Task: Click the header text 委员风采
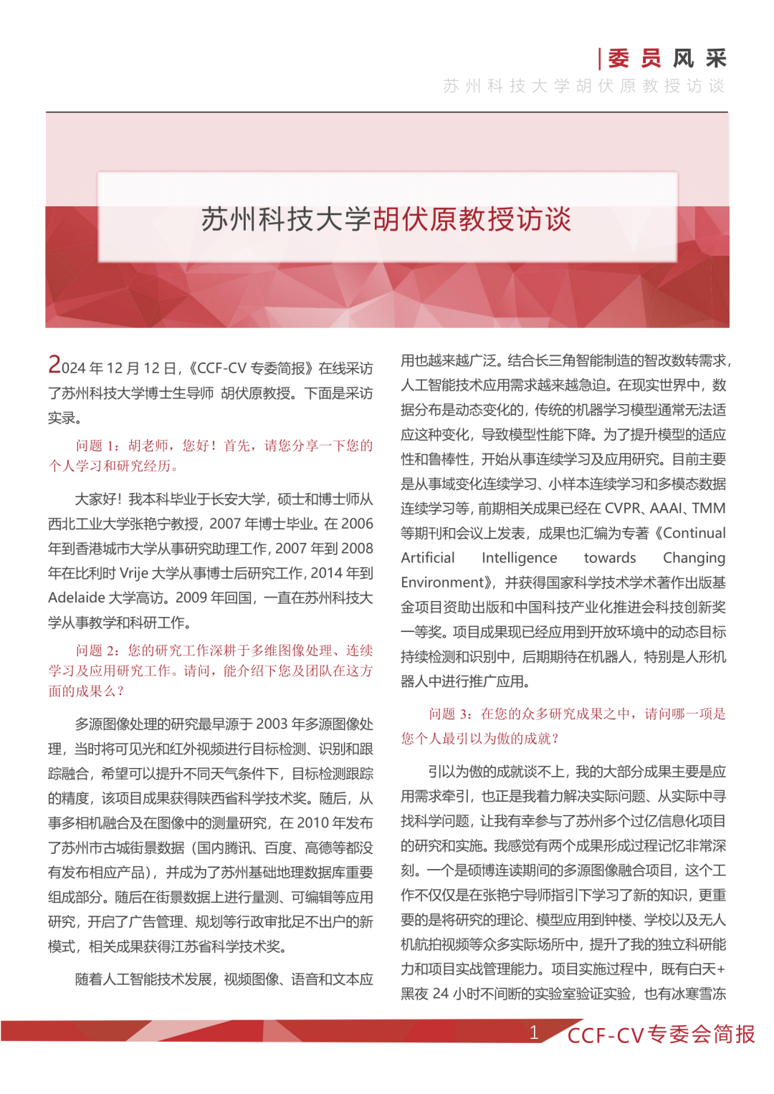[666, 58]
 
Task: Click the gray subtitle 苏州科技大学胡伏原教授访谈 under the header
[584, 86]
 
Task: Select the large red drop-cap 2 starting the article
[54, 365]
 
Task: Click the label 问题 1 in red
[96, 446]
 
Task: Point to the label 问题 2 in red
[96, 651]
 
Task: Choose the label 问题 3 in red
[449, 714]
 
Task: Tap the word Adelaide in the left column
[77, 598]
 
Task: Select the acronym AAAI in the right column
[666, 508]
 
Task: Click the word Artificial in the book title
[427, 557]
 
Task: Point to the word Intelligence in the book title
[519, 557]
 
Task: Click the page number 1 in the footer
[534, 1032]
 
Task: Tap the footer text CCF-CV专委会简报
[661, 1035]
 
